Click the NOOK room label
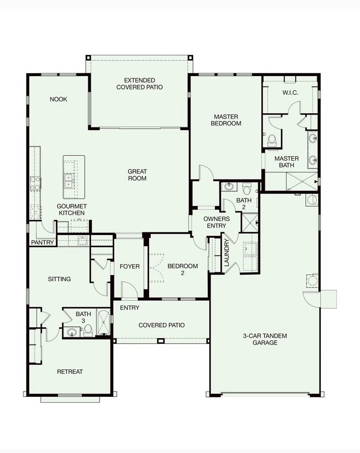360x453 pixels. pos(58,99)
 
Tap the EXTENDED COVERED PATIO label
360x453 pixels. pos(140,84)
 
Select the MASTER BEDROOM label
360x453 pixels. pos(226,120)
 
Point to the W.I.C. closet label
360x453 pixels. pos(290,93)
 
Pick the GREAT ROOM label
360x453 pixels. pos(137,175)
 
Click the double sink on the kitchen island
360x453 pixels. pos(69,181)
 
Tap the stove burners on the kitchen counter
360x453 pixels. pos(35,184)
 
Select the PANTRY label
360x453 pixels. pos(43,242)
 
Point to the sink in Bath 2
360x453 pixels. pos(229,186)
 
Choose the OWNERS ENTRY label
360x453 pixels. pos(217,222)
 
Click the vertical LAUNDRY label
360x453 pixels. pos(227,252)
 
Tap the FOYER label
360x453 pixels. pos(130,266)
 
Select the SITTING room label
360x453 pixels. pos(59,279)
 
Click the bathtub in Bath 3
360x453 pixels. pos(103,322)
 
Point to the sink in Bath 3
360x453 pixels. pos(72,332)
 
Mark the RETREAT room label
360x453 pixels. pos(70,372)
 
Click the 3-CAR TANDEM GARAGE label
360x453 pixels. pos(265,339)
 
